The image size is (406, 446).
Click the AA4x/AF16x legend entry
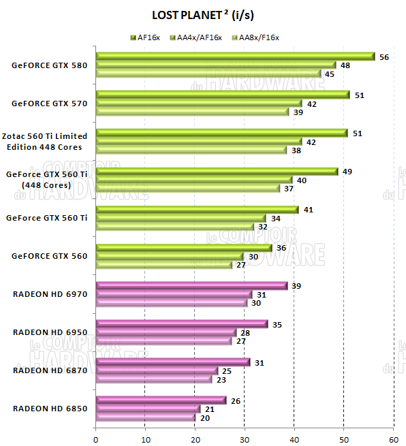pyautogui.click(x=197, y=37)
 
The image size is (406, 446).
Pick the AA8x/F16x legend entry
pyautogui.click(x=257, y=37)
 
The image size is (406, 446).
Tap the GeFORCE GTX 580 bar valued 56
pyautogui.click(x=235, y=57)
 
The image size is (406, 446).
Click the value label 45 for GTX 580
pyautogui.click(x=329, y=74)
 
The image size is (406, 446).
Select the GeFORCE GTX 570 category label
pyautogui.click(x=49, y=104)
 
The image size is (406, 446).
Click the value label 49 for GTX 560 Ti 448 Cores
pyautogui.click(x=347, y=172)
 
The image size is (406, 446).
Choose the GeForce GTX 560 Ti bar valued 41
pyautogui.click(x=198, y=210)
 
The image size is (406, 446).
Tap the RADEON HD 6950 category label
pyautogui.click(x=50, y=332)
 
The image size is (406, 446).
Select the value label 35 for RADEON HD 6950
pyautogui.click(x=277, y=324)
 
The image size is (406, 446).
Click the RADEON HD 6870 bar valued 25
pyautogui.click(x=157, y=371)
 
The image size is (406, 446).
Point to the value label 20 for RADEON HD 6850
pyautogui.click(x=204, y=417)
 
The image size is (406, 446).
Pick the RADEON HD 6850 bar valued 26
pyautogui.click(x=160, y=400)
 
